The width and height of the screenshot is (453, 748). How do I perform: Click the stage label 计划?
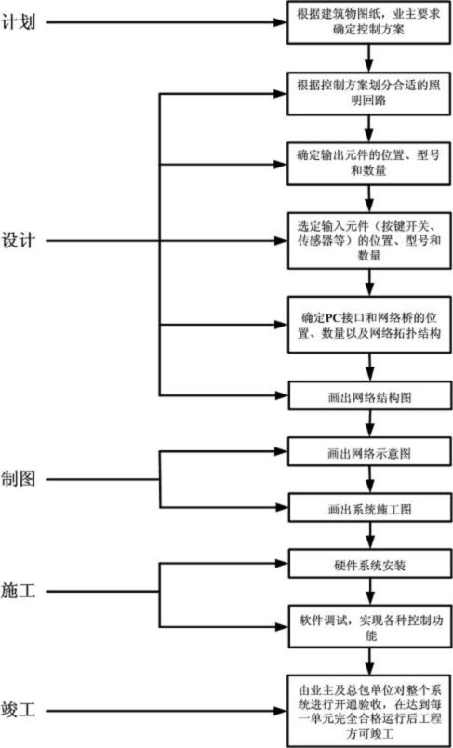click(19, 22)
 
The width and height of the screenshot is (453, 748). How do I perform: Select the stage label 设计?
click(19, 241)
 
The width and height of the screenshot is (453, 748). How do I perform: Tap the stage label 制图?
click(19, 478)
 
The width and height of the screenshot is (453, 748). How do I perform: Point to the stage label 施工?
click(19, 592)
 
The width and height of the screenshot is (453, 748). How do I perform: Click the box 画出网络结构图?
click(369, 395)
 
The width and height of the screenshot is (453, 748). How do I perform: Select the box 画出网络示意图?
click(369, 453)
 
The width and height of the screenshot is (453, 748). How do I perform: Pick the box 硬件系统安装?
click(369, 566)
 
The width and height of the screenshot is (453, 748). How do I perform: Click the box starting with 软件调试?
click(369, 627)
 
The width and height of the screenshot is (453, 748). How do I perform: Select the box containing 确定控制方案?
click(369, 22)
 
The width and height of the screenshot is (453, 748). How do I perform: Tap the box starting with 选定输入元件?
click(369, 241)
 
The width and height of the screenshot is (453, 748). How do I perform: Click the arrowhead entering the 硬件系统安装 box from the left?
click(282, 564)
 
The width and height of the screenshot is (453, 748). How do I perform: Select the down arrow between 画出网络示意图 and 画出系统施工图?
click(369, 481)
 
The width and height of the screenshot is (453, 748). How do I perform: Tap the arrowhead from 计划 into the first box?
click(282, 22)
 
